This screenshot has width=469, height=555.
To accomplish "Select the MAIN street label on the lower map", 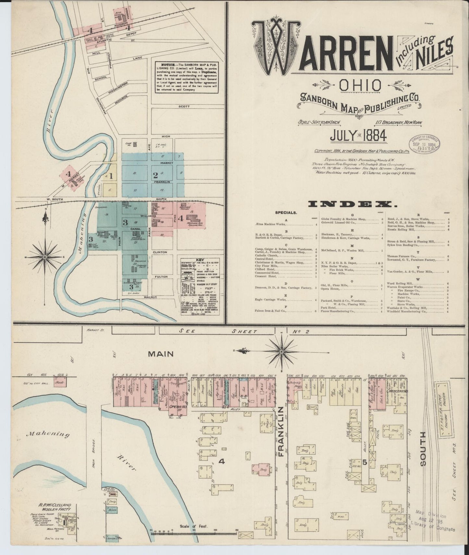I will click(x=161, y=354).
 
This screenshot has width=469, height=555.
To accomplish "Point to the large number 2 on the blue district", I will click(x=155, y=175).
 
